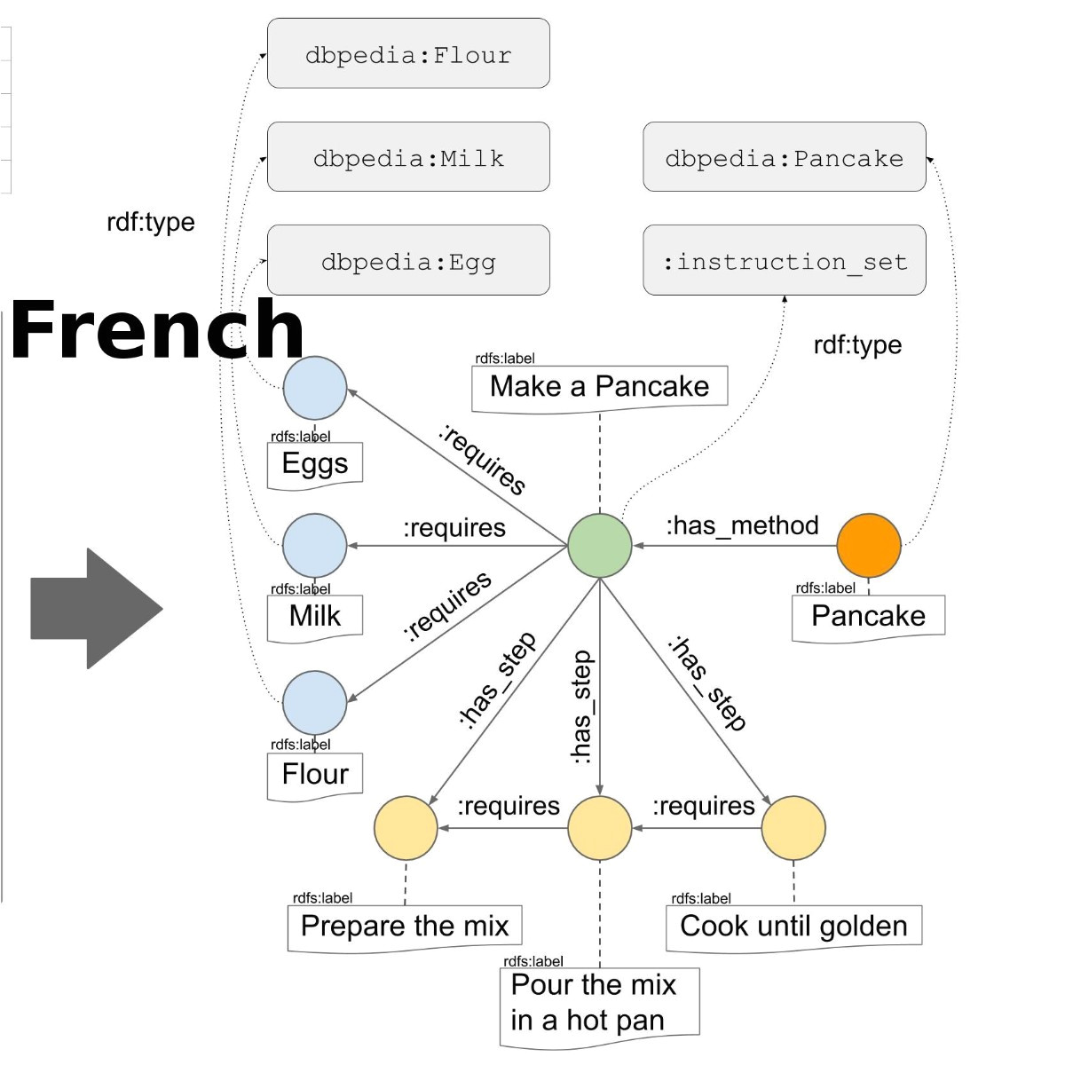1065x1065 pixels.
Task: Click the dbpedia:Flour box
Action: pyautogui.click(x=408, y=54)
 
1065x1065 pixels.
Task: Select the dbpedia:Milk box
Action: pyautogui.click(x=408, y=158)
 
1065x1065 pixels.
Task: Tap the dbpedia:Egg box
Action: pyautogui.click(x=408, y=261)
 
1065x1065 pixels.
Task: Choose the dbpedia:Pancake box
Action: pyautogui.click(x=784, y=158)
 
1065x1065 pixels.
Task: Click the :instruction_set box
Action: pyautogui.click(x=784, y=261)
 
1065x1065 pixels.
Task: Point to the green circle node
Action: pyautogui.click(x=600, y=545)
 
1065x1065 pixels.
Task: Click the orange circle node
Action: pyautogui.click(x=869, y=545)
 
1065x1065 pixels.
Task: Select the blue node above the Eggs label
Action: pyautogui.click(x=315, y=388)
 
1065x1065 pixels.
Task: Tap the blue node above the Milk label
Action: pyautogui.click(x=315, y=545)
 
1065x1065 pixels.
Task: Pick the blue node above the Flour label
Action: pyautogui.click(x=315, y=702)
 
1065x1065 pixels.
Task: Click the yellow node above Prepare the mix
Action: pyautogui.click(x=406, y=828)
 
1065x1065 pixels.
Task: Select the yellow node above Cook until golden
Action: pyautogui.click(x=793, y=828)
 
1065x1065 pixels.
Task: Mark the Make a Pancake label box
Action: pyautogui.click(x=599, y=387)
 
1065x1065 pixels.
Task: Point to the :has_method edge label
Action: pyautogui.click(x=742, y=525)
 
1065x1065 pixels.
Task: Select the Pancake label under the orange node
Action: pyautogui.click(x=868, y=616)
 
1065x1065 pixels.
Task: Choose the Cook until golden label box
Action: pyautogui.click(x=793, y=926)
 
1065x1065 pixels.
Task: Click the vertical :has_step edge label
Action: pyautogui.click(x=580, y=707)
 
